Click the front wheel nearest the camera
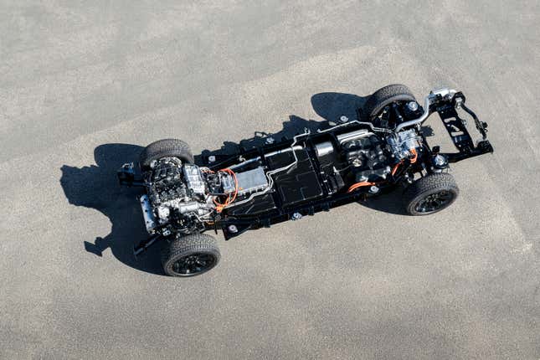tap(192, 255)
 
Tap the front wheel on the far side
tap(167, 152)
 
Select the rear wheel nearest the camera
tap(432, 194)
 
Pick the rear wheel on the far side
tap(388, 99)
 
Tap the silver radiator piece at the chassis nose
tap(148, 213)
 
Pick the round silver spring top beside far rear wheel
tap(413, 106)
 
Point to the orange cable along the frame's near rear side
tap(360, 185)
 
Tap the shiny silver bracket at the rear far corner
tap(442, 93)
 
